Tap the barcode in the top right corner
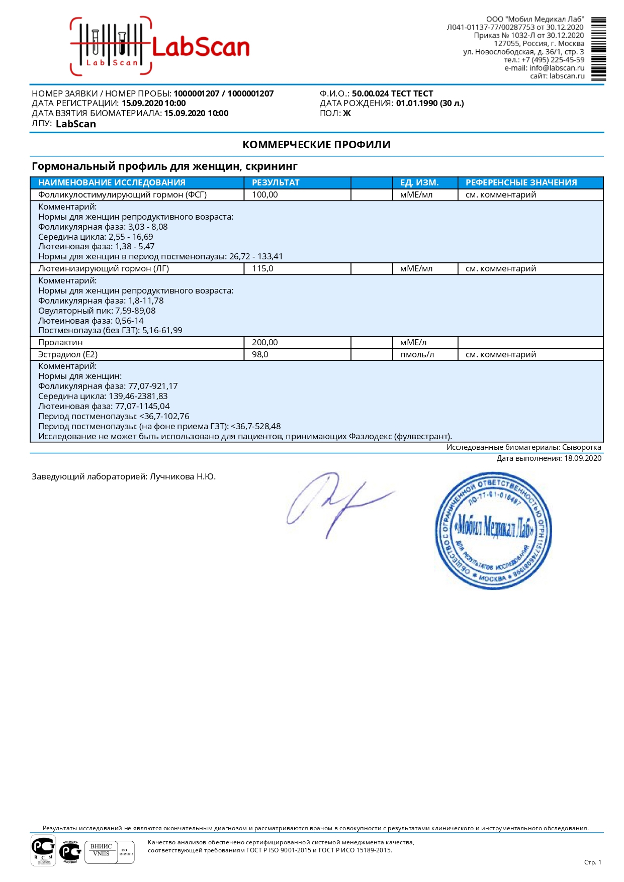point(598,49)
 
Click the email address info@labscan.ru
point(557,68)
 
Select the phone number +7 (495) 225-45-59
point(553,60)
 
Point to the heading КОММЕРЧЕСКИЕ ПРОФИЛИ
point(316,145)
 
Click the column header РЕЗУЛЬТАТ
point(276,182)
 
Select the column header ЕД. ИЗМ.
point(419,182)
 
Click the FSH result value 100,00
point(265,195)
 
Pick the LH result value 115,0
point(262,269)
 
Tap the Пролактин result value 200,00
point(265,343)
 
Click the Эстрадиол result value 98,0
point(260,355)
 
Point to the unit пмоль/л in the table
point(417,355)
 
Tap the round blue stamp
point(493,530)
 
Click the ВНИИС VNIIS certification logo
point(102,852)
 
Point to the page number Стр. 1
point(592,862)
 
